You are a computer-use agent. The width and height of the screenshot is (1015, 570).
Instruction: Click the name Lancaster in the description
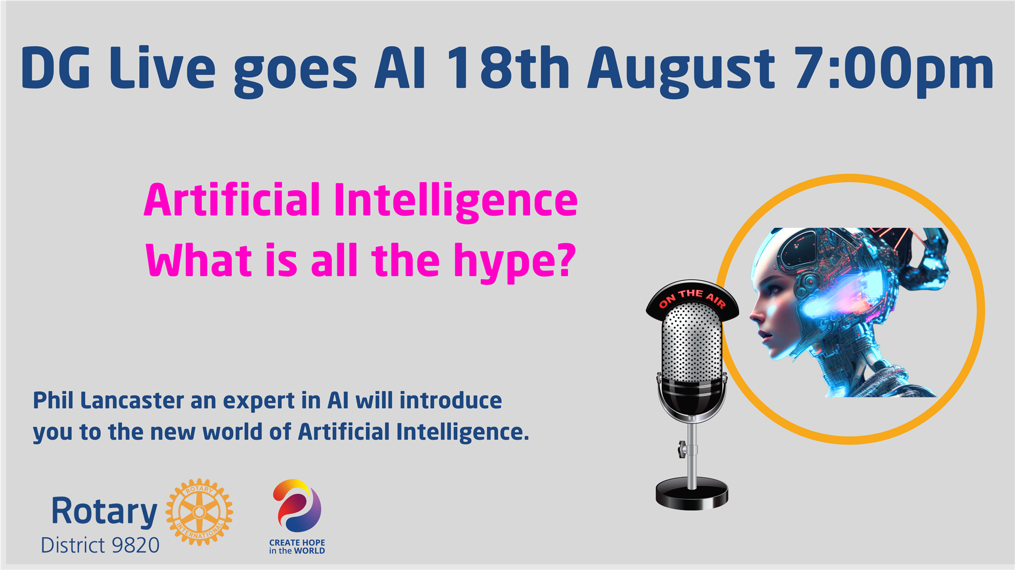pyautogui.click(x=132, y=400)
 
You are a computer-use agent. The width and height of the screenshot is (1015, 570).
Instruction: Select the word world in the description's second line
pyautogui.click(x=232, y=432)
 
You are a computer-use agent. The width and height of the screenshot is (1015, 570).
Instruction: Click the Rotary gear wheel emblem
pyautogui.click(x=199, y=512)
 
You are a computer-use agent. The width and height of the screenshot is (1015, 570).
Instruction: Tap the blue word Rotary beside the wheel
pyautogui.click(x=104, y=511)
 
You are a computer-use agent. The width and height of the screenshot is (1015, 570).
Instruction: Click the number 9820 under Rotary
pyautogui.click(x=135, y=545)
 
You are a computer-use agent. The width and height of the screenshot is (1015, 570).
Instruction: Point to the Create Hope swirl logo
pyautogui.click(x=297, y=506)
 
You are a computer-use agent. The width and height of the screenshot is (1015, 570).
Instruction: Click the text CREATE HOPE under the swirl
pyautogui.click(x=297, y=542)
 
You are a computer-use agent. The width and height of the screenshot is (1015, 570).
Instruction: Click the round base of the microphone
pyautogui.click(x=692, y=494)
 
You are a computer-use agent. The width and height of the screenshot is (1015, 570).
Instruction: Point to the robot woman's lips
pyautogui.click(x=763, y=335)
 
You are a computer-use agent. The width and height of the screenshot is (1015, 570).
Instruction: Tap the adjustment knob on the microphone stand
pyautogui.click(x=682, y=450)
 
